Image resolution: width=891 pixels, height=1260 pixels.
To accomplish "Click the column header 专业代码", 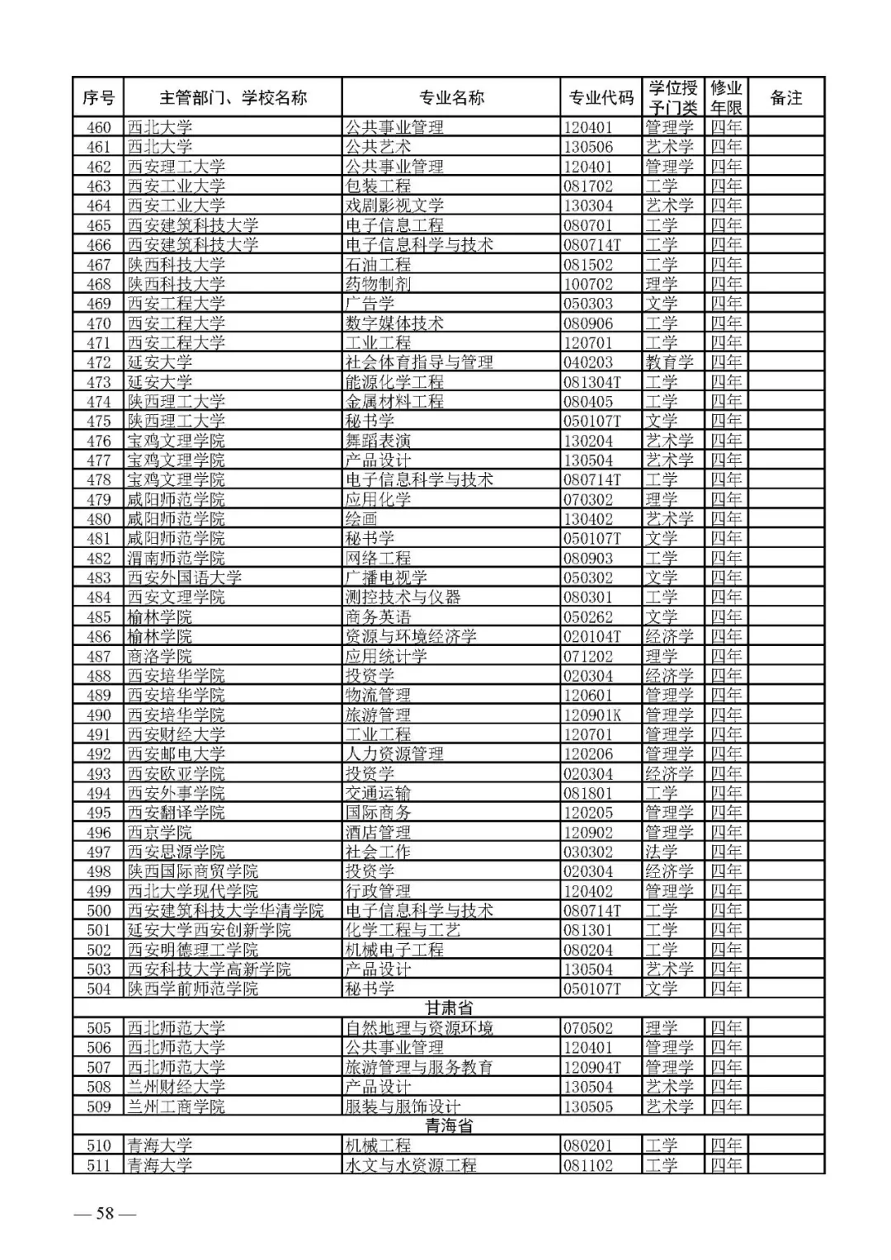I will (601, 97).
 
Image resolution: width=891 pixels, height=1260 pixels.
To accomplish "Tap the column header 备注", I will (785, 97).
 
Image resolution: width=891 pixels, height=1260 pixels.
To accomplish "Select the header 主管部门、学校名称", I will (233, 97).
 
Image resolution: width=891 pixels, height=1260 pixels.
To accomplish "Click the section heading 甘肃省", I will (449, 1008).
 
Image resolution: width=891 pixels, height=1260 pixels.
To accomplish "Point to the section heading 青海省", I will (449, 1126).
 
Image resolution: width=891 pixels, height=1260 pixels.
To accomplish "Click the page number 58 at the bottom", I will (105, 1213).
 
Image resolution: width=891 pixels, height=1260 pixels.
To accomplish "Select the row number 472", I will (99, 362).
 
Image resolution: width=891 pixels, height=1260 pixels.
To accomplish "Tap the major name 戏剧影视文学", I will (394, 205).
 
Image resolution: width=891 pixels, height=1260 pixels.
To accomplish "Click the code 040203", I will (588, 362).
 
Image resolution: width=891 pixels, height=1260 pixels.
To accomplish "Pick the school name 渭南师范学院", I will (176, 558).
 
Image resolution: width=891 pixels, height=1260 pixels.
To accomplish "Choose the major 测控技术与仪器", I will (403, 597).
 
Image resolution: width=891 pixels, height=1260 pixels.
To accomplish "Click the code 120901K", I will (592, 715).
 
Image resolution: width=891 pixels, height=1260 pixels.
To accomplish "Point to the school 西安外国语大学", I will (184, 578).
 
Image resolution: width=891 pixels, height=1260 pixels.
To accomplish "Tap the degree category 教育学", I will (669, 362).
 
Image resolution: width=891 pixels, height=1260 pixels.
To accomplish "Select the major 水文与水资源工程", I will (411, 1165).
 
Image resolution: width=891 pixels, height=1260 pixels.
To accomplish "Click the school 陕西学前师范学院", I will (192, 989).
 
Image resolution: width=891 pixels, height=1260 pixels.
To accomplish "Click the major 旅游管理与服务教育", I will (419, 1067).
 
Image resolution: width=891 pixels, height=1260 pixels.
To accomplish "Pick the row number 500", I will (99, 910).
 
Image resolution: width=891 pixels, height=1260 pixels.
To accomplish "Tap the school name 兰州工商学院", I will (176, 1107).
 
